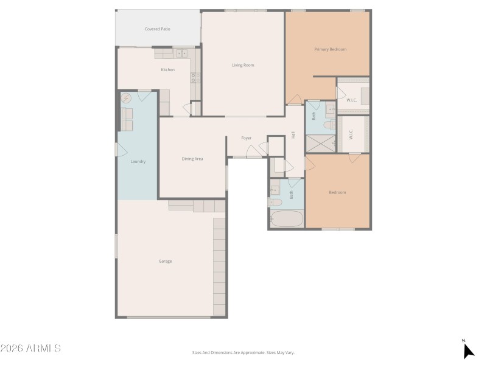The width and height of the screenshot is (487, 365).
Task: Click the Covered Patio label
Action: [x=157, y=29]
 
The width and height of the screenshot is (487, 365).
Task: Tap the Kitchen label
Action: [x=167, y=70]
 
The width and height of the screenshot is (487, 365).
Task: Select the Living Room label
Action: [x=243, y=65]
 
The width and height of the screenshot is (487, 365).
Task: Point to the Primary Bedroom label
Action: [x=330, y=49]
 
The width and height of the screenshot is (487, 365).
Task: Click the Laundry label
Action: [x=138, y=161]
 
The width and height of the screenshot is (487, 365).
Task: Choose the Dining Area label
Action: [x=192, y=159]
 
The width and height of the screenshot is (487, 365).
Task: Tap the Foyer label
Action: [x=247, y=138]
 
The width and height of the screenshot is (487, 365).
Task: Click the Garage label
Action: [x=165, y=261]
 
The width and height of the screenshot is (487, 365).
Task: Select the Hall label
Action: [x=293, y=134]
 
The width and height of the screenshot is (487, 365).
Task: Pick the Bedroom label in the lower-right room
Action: [x=337, y=192]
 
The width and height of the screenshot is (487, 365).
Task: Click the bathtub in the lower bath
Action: [x=287, y=219]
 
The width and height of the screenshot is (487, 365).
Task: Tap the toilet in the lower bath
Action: [x=275, y=202]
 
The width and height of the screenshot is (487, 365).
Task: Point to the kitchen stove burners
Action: [x=195, y=77]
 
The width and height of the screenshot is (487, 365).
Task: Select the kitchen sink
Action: [x=182, y=54]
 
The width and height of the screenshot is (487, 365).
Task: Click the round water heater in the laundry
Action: [x=127, y=98]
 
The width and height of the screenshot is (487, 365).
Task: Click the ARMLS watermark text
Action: [x=30, y=349]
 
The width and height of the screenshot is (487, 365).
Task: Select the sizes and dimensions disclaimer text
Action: [x=243, y=352]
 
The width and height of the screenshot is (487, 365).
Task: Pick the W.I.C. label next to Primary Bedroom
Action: [x=351, y=100]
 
